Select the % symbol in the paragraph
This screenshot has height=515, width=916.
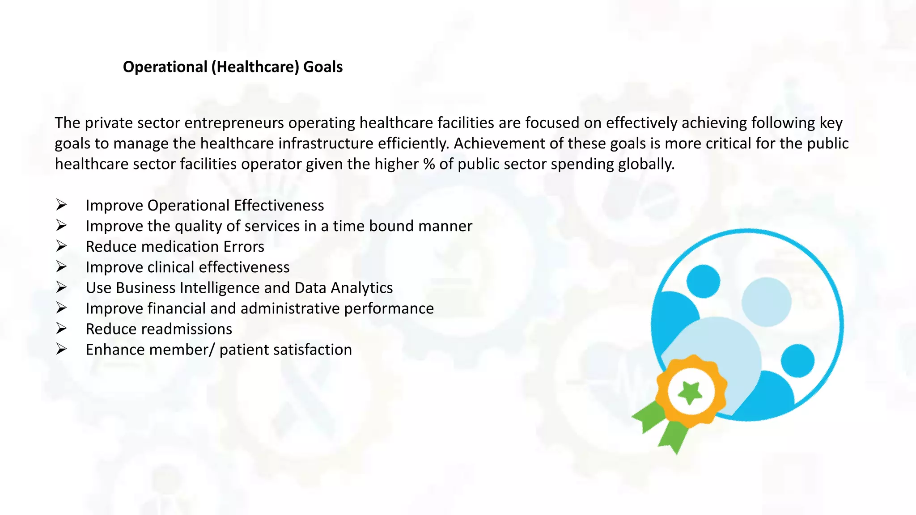[429, 164]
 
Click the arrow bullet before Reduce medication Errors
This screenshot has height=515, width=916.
[61, 246]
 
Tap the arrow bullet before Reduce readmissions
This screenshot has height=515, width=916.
[61, 329]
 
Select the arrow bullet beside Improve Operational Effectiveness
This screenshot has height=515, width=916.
[61, 205]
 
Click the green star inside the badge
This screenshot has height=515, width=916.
[690, 393]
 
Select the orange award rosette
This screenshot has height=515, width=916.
[691, 371]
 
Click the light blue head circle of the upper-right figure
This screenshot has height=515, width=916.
[766, 302]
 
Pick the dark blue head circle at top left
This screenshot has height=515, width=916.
[703, 281]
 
